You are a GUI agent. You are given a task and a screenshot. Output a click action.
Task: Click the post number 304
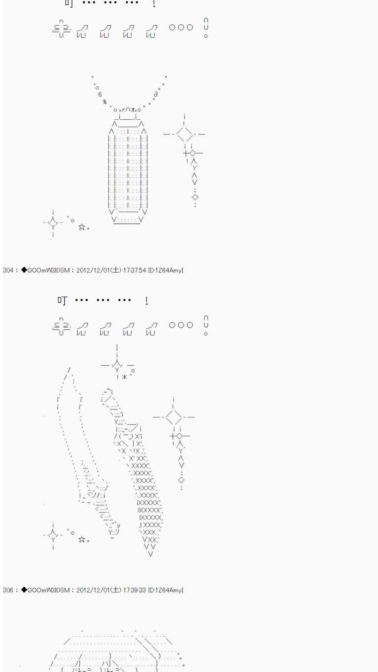pos(8,270)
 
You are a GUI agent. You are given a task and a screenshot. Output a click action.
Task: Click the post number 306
pos(8,590)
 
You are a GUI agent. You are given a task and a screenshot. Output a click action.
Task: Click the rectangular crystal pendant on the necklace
pos(128,168)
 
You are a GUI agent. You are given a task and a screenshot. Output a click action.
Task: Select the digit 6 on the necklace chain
pos(100,95)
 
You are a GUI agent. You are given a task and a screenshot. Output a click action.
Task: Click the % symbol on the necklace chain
pos(105,102)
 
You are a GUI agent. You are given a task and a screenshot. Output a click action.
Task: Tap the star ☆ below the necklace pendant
pos(82,227)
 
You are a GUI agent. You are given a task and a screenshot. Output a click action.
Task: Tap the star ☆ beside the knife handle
pos(82,540)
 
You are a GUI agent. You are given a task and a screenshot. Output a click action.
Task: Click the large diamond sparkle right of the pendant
pos(184,134)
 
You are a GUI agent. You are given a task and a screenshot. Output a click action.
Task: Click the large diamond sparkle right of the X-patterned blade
pos(174,417)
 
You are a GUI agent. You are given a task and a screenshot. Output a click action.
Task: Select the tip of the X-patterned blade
pos(150,554)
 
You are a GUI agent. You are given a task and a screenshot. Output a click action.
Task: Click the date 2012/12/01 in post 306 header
pos(93,590)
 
